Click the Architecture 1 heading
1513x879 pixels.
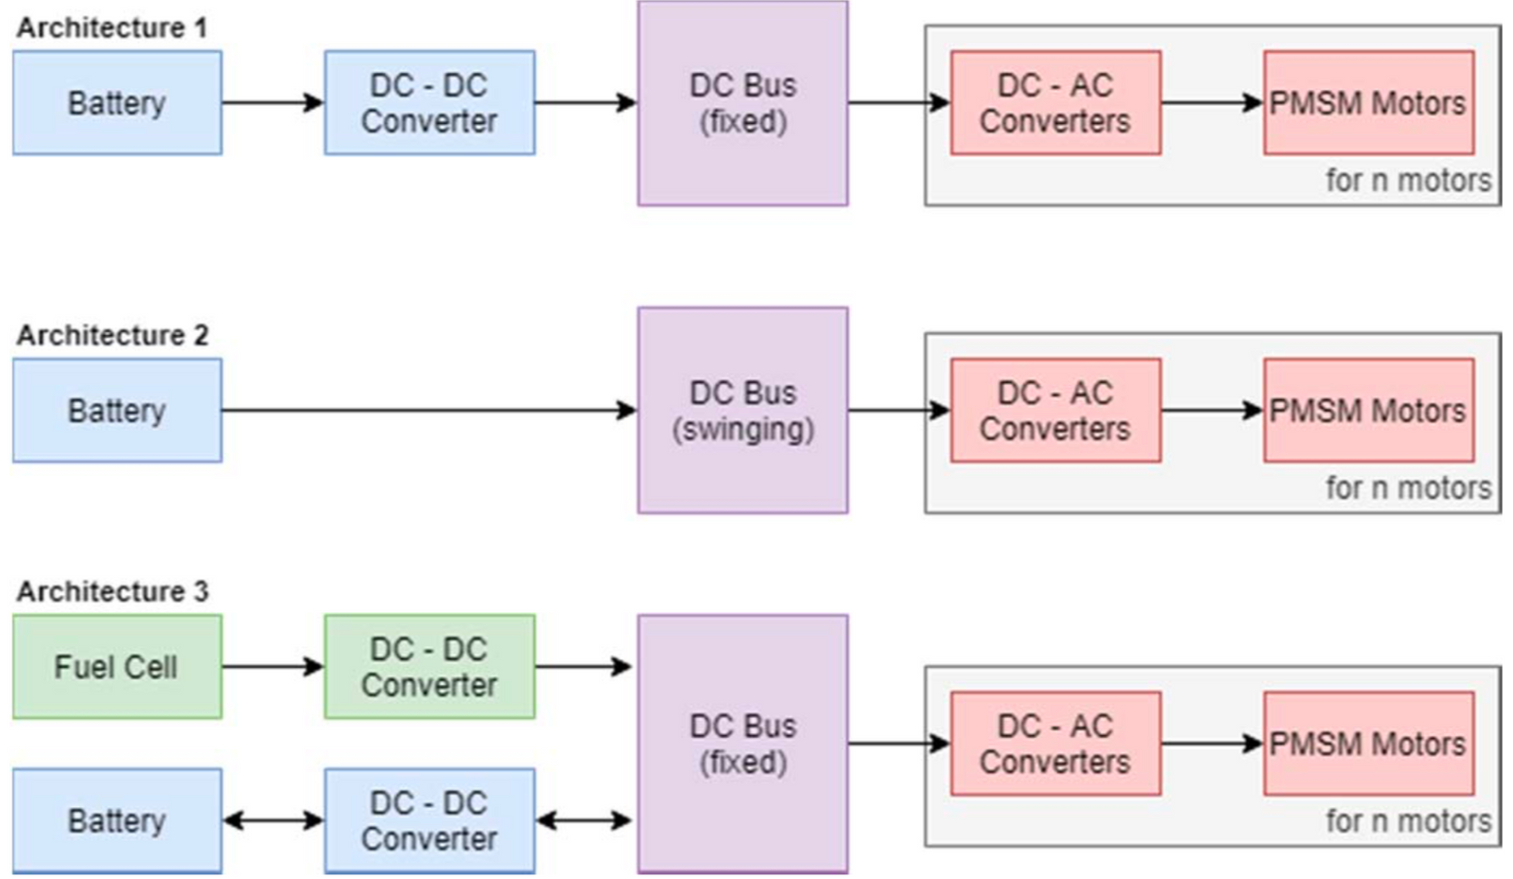click(111, 27)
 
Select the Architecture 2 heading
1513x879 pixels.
click(112, 335)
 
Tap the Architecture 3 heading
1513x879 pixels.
click(112, 591)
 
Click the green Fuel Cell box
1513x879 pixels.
click(117, 667)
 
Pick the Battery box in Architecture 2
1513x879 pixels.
click(117, 411)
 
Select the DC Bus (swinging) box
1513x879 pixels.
click(742, 411)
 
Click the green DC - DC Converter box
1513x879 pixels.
click(429, 667)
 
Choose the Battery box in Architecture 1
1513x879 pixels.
click(117, 103)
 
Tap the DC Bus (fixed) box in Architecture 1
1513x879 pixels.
click(742, 103)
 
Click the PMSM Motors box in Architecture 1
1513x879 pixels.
click(1368, 103)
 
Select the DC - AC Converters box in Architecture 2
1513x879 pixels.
click(1055, 411)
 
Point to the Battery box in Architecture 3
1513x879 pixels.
click(117, 820)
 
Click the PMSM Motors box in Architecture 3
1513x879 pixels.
click(1368, 744)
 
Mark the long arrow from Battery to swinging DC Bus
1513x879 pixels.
click(426, 411)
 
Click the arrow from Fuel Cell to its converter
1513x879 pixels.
click(272, 667)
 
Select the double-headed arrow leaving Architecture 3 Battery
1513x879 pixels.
click(272, 820)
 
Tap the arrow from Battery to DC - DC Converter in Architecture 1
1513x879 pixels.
click(272, 103)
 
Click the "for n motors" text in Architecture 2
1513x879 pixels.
click(1407, 488)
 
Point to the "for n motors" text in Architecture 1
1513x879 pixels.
click(1407, 181)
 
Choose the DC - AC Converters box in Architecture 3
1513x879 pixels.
click(1055, 744)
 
